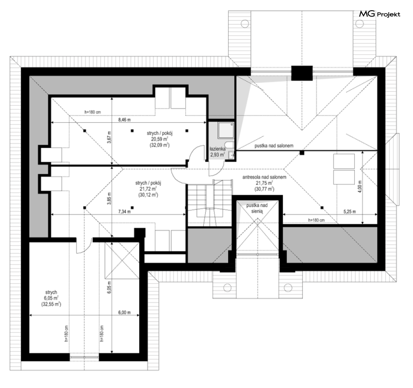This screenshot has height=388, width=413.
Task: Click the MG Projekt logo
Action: tap(380, 14)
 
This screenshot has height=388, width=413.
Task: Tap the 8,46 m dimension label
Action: tap(124, 120)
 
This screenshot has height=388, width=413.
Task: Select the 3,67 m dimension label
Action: tap(109, 138)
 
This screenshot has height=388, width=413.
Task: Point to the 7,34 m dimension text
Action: tap(124, 211)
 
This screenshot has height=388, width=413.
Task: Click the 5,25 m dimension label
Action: tap(350, 211)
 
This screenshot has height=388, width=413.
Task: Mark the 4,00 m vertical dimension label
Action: tap(360, 186)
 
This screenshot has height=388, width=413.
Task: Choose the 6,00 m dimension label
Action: tap(124, 313)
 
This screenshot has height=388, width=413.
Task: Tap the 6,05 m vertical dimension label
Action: tap(109, 287)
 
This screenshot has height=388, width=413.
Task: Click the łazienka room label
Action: tap(217, 149)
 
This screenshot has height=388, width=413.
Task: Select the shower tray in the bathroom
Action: tap(226, 130)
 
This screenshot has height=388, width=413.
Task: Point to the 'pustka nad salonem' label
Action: tap(274, 145)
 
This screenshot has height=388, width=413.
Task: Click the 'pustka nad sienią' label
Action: tap(257, 208)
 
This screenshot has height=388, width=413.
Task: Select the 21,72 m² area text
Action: tap(148, 189)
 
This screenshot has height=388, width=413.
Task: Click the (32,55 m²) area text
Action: tap(51, 304)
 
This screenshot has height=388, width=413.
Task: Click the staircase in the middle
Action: tap(210, 203)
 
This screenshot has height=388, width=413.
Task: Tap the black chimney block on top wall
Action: tap(302, 73)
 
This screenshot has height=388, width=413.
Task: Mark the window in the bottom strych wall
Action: tap(84, 357)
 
